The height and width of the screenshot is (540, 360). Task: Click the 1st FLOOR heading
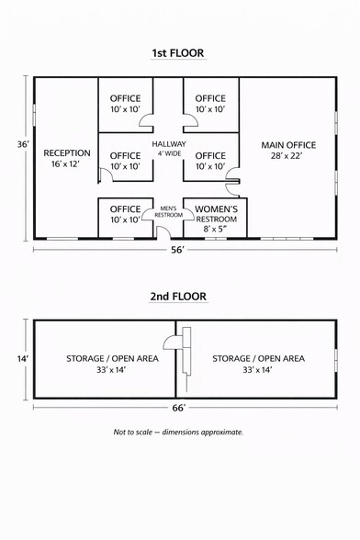pos(178,54)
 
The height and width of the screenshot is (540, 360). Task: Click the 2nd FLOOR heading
pos(178,297)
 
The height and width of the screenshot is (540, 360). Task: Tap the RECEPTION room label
pos(67,152)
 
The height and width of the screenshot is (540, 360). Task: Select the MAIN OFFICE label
pos(288,145)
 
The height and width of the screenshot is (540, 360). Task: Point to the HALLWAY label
pos(169,144)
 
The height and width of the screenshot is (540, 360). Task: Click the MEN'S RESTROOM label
pos(168,211)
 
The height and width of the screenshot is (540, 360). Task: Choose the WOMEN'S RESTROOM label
pos(216,209)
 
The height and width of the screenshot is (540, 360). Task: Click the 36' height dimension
pos(23,145)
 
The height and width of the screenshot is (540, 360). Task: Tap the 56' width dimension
pos(179,249)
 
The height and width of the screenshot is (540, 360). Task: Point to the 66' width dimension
pos(179,407)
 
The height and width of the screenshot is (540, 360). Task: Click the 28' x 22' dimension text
pos(288,157)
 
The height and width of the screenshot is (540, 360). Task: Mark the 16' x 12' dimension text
pos(67,164)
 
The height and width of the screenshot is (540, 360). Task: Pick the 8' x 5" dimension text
pos(216,231)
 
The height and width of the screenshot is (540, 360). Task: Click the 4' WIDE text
pos(169,154)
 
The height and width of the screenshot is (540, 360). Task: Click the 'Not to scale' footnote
pos(179,432)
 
